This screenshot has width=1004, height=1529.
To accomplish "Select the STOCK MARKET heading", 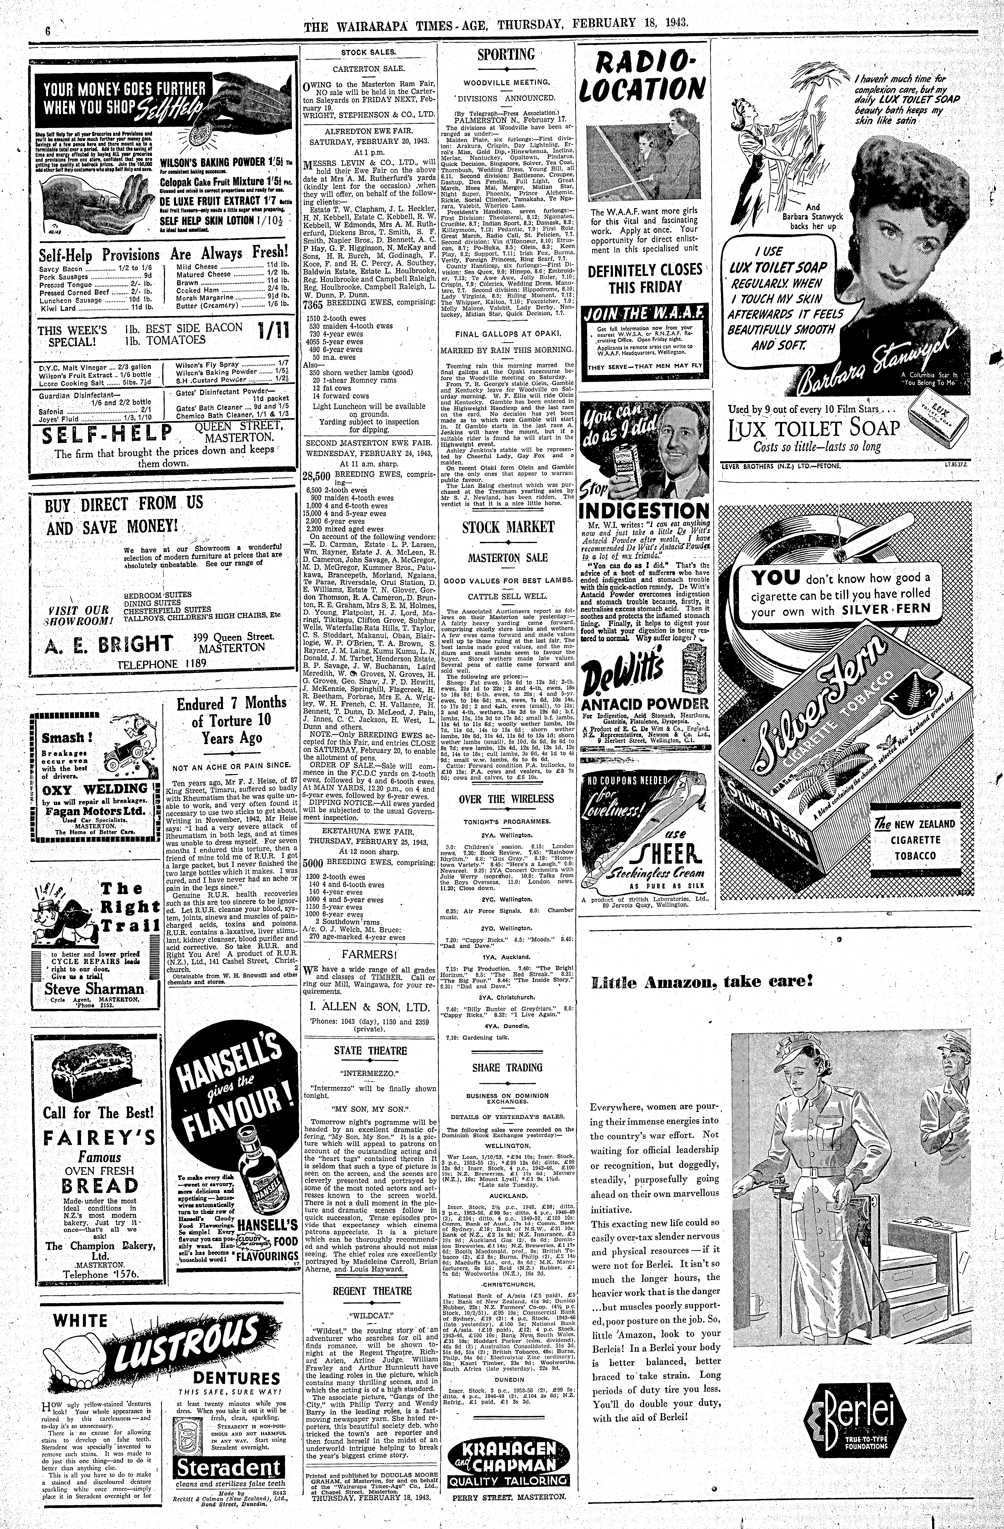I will pos(508,527).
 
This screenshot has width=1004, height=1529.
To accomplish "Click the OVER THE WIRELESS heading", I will pos(506,799).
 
